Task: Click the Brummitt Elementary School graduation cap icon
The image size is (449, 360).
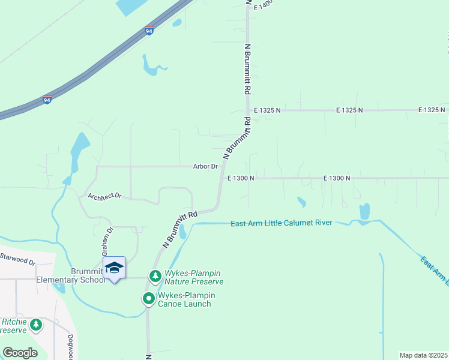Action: [x=114, y=267]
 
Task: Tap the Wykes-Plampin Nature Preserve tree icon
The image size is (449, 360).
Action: [x=155, y=276]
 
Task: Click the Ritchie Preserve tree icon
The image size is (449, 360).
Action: [x=37, y=325]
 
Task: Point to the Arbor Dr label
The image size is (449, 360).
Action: [x=205, y=166]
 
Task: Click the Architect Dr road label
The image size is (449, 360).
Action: [x=104, y=196]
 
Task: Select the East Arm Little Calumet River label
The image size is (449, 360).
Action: [x=282, y=223]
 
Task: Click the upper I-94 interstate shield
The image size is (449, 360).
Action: [x=149, y=31]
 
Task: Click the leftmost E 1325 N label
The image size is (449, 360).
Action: [x=267, y=110]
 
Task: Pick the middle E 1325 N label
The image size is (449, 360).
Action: [x=349, y=110]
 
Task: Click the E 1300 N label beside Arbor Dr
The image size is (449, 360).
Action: [x=241, y=178]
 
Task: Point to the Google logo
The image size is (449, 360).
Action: [x=20, y=353]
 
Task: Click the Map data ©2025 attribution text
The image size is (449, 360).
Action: [x=424, y=355]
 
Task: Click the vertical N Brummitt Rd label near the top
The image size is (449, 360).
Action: [x=247, y=68]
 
